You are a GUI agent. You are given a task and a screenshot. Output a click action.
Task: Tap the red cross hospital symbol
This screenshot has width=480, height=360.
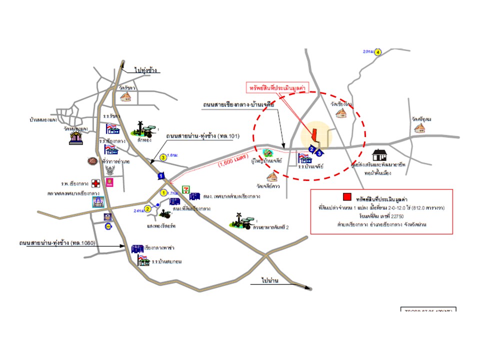coord(95,183)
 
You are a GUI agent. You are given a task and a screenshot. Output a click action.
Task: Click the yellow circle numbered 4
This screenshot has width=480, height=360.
coord(378,52)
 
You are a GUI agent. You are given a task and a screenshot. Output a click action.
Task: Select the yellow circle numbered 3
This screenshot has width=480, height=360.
coord(163,157)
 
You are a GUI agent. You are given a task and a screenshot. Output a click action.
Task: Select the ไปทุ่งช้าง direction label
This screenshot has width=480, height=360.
coord(145,70)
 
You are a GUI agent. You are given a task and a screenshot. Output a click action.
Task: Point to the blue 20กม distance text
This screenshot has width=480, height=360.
coord(368,51)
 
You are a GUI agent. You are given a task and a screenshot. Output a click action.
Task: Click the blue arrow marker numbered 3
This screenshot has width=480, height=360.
coord(319,153)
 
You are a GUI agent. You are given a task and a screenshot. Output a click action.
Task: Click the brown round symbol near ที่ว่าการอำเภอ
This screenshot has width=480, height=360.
coord(91,161)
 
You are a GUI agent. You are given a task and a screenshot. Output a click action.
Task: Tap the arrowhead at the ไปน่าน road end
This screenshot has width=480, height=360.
coord(310,288)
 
